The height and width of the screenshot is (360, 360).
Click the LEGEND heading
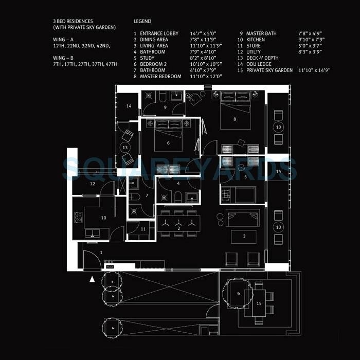click(142, 22)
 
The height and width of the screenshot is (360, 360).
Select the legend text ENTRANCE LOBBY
click(159, 33)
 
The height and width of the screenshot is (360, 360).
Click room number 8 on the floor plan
click(235, 119)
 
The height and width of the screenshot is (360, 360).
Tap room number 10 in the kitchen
click(103, 218)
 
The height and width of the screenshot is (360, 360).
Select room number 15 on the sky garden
click(259, 304)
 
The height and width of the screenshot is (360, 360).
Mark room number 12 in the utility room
click(93, 184)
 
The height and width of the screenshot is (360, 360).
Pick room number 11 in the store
click(144, 229)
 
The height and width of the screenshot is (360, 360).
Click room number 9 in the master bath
click(165, 107)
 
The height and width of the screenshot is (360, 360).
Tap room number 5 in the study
click(246, 176)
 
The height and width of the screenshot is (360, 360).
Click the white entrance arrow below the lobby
click(93, 279)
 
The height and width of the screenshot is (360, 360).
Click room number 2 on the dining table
click(178, 227)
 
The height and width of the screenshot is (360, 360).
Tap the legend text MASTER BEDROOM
click(161, 76)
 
